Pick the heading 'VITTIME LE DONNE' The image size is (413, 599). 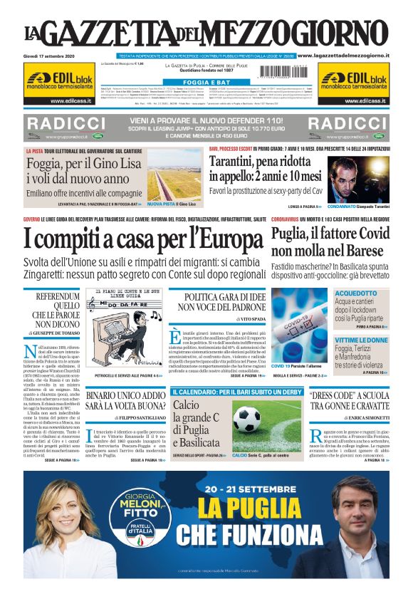tap(360, 341)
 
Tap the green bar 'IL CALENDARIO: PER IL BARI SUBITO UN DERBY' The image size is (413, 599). tap(236, 392)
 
